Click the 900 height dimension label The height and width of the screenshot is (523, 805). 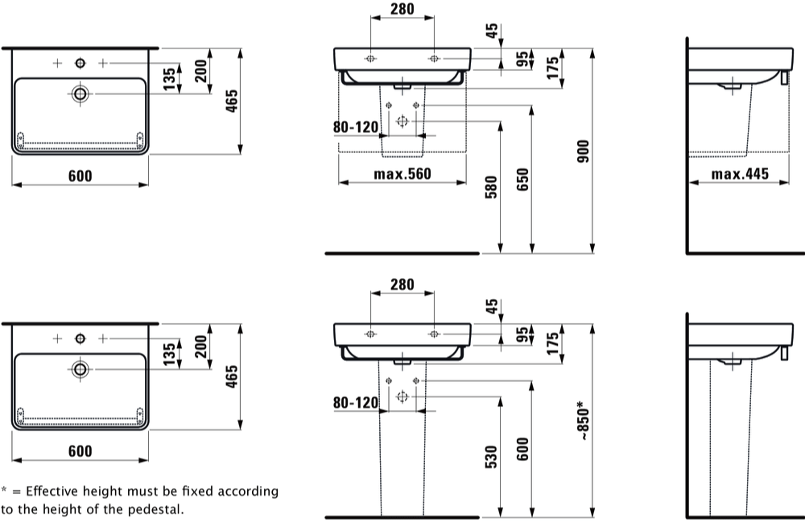(x=583, y=151)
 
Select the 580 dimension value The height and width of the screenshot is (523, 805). (x=491, y=187)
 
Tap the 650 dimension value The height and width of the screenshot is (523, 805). (x=522, y=179)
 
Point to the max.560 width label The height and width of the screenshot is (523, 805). (x=402, y=174)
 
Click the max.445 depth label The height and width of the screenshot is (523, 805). (x=740, y=174)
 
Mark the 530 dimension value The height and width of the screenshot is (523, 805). (x=491, y=457)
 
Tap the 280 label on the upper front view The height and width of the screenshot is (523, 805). (x=402, y=9)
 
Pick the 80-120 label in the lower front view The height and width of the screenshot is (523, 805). (x=356, y=402)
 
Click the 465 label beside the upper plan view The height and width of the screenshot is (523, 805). (x=232, y=101)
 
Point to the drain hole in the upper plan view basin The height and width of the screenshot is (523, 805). (x=80, y=93)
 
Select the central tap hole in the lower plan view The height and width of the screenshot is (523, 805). (x=80, y=338)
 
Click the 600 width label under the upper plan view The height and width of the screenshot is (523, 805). (x=80, y=176)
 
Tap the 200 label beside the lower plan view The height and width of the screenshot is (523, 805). (x=200, y=347)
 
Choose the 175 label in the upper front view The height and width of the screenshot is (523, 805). (x=552, y=68)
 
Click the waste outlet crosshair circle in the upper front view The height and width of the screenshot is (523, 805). (x=402, y=121)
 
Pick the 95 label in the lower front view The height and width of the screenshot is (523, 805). (x=522, y=335)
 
